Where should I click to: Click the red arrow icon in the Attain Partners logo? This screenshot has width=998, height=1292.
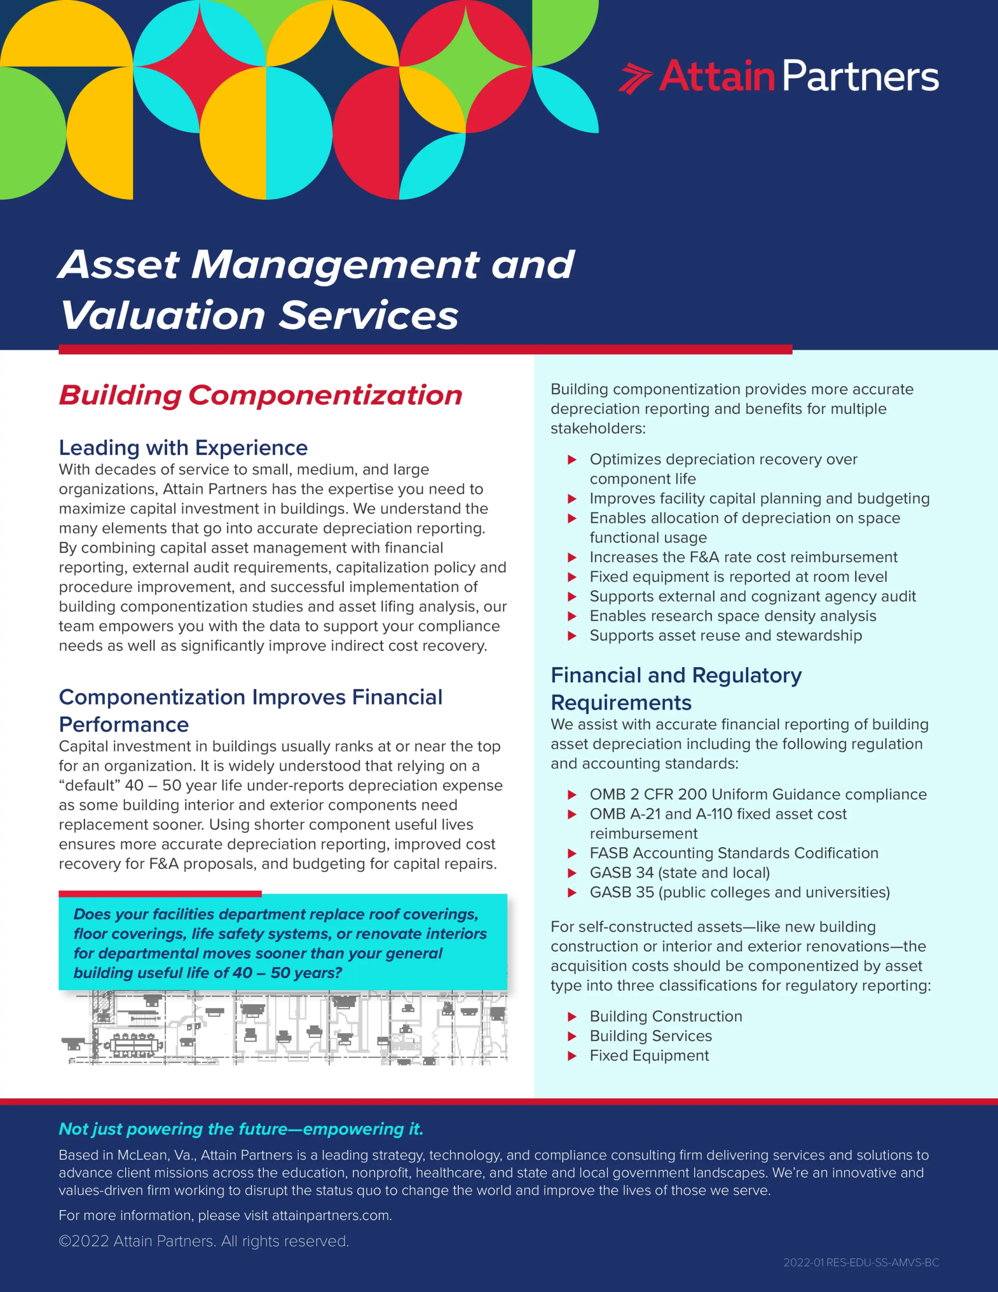coord(635,78)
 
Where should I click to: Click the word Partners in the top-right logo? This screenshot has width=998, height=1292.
coord(861,77)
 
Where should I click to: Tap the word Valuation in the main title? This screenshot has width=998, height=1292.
coord(162,315)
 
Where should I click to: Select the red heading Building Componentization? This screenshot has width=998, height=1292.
coord(260,395)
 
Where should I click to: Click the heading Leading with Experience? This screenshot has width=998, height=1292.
coord(183,448)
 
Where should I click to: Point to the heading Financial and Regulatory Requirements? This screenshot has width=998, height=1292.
coord(676,688)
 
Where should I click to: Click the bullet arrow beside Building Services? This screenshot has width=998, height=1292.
coord(572,1036)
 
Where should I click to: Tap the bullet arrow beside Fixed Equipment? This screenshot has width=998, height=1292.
coord(572,1055)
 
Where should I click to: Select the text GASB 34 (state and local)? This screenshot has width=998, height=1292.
coord(679,873)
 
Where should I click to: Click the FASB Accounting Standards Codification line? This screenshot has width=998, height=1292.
coord(734,853)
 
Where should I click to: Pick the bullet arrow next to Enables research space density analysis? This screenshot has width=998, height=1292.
coord(572,616)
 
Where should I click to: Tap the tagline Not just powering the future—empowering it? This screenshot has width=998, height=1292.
coord(241,1128)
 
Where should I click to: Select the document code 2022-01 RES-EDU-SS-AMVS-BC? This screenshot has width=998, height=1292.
coord(861,1262)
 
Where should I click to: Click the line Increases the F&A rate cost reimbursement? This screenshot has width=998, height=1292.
coord(743,557)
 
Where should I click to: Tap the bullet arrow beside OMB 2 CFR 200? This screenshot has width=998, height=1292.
coord(572,794)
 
